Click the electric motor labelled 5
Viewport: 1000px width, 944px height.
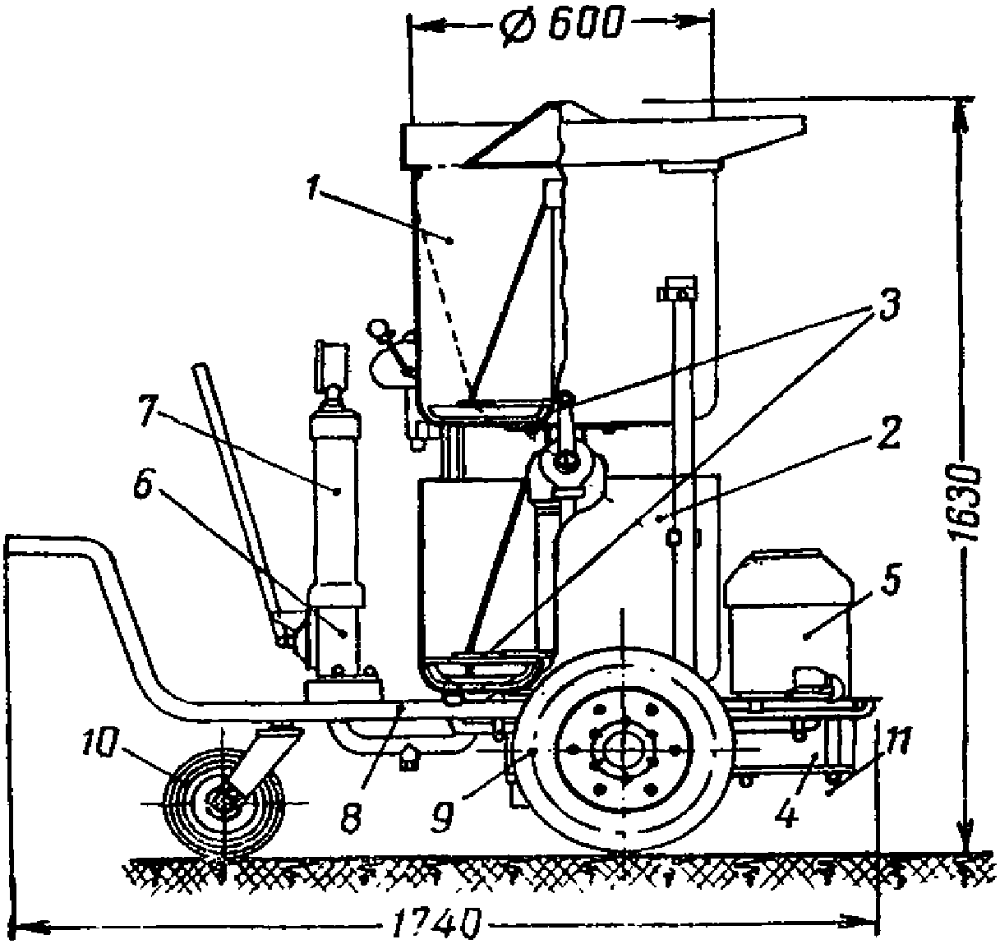[789, 624]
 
